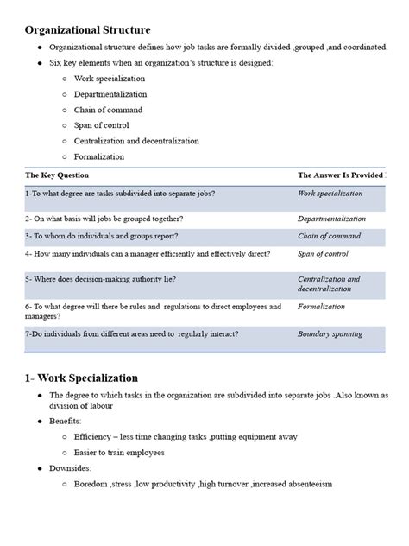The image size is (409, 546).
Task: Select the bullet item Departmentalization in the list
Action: pos(110,94)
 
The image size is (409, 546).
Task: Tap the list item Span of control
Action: pos(102,125)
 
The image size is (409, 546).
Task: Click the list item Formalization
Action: pos(98,156)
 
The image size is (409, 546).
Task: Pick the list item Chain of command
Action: pos(107,110)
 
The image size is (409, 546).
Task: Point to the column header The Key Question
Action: pos(58,175)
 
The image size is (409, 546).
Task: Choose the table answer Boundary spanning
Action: pos(330,333)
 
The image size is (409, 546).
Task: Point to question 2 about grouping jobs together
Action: pos(104,219)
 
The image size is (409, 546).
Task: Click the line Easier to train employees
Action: pos(131,452)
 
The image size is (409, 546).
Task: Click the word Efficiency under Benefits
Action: pos(93,436)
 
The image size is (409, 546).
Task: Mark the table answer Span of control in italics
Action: pos(323,253)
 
